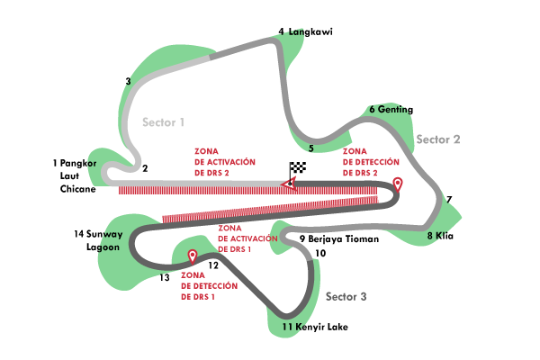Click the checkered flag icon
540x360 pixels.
298,167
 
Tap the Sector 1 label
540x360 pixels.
163,121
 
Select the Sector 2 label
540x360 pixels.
438,139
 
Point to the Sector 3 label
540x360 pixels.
346,296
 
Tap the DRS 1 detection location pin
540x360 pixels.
192,256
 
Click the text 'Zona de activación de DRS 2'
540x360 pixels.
224,161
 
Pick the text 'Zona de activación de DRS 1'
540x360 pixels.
247,238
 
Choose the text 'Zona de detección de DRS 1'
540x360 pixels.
209,285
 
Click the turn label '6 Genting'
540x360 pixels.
389,110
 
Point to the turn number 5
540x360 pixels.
310,148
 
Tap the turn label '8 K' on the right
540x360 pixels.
435,236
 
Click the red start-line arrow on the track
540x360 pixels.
287,184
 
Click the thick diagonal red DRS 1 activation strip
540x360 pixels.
270,210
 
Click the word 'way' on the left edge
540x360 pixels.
112,236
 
